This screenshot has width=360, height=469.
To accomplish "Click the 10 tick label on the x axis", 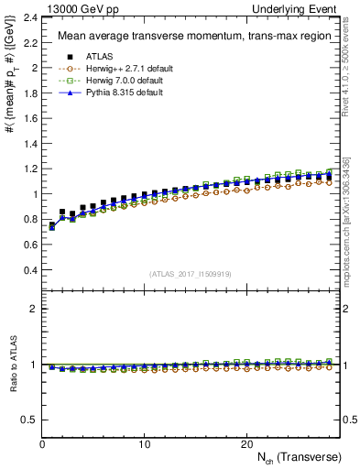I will [144, 443].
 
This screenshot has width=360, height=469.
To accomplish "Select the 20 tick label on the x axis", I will [245, 443].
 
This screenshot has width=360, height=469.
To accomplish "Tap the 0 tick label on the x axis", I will [42, 443].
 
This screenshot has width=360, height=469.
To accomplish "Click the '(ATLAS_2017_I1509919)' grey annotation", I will [191, 274].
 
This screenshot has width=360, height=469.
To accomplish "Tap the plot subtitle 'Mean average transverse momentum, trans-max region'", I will [183, 37].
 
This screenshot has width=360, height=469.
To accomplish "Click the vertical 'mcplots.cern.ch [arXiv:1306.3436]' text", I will [346, 221].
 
